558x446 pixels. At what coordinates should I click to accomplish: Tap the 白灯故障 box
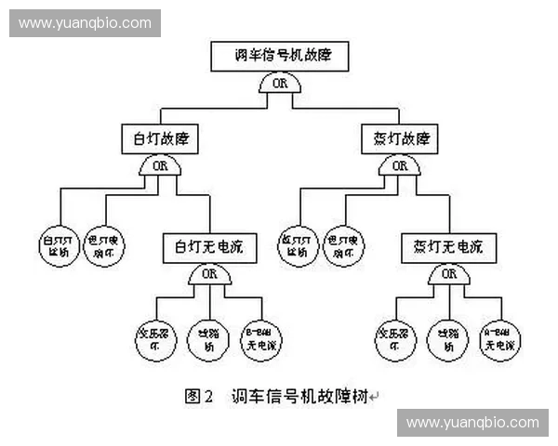160,140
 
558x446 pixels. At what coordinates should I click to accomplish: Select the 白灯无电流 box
208,248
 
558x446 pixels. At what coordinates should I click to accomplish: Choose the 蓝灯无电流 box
449,248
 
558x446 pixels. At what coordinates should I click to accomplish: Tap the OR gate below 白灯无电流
209,274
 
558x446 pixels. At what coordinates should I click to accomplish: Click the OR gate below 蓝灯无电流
449,274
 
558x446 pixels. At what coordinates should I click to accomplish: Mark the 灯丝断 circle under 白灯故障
60,245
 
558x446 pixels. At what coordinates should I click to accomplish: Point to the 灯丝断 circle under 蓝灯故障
299,245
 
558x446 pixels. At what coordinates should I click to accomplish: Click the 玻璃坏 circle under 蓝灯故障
344,245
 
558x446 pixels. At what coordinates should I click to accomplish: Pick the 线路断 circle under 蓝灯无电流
449,338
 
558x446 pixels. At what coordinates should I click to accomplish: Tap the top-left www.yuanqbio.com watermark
85,22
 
